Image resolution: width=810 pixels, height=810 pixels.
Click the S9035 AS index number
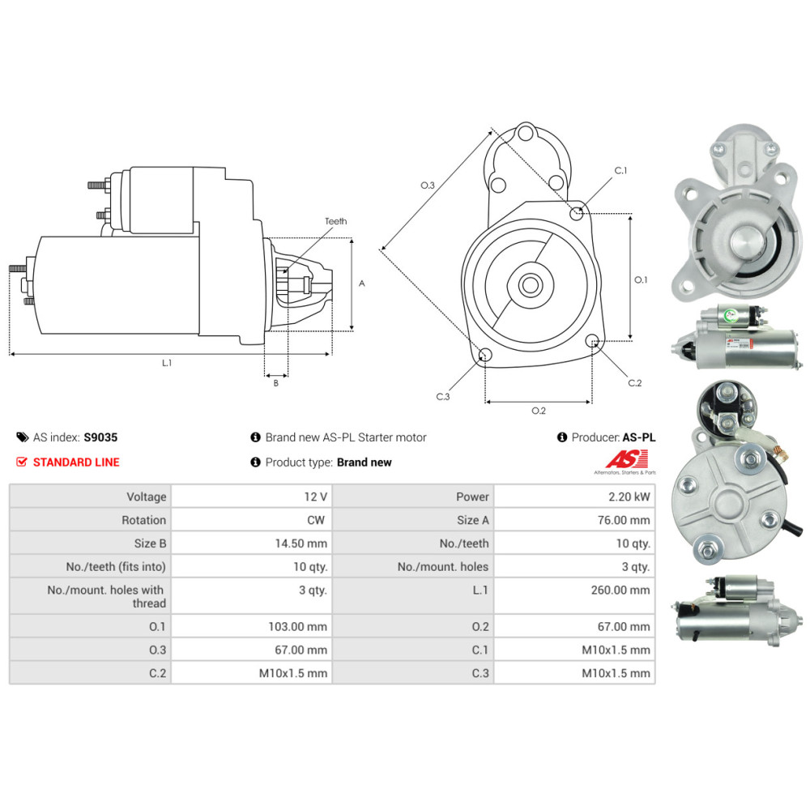pos(100,437)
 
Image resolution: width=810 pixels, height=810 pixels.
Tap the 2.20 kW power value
pos(633,497)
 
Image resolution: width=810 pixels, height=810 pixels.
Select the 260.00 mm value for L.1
pos(620,590)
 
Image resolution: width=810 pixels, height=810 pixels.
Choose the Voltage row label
pos(146,497)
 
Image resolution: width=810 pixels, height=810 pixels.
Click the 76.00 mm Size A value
pos(623,520)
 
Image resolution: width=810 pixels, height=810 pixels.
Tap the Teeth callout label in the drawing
pos(335,221)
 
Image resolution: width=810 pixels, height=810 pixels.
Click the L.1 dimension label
pos(167,364)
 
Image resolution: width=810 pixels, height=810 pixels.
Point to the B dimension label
pos(275,383)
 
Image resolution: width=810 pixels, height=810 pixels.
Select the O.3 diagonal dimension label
pos(428,185)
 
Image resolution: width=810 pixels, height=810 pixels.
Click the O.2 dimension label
pos(538,411)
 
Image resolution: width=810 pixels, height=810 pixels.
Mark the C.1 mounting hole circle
pos(577,214)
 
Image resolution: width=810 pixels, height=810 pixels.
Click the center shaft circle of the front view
pos(531,285)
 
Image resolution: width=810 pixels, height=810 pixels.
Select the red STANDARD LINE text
pos(75,463)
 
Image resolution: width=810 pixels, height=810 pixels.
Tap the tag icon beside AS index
pos(22,437)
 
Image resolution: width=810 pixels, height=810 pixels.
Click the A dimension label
pos(362,283)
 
